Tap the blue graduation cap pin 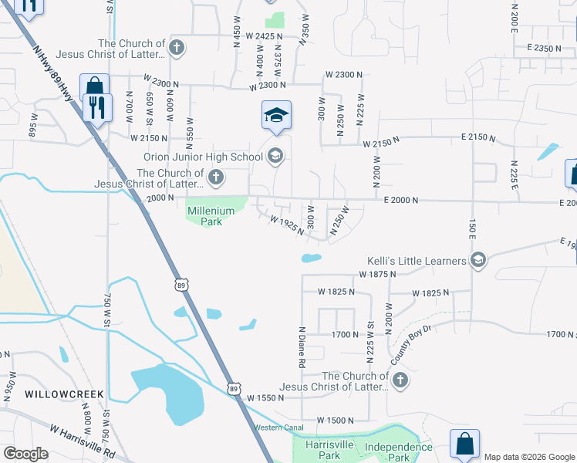pyautogui.click(x=276, y=116)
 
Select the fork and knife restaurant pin pyautogui.click(x=97, y=107)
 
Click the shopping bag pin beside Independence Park pyautogui.click(x=464, y=444)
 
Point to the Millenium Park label pyautogui.click(x=204, y=216)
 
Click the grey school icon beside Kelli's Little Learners pyautogui.click(x=478, y=260)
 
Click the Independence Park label pyautogui.click(x=399, y=452)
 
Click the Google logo pyautogui.click(x=25, y=454)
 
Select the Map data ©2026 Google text pyautogui.click(x=529, y=457)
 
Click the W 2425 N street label pyautogui.click(x=264, y=36)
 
